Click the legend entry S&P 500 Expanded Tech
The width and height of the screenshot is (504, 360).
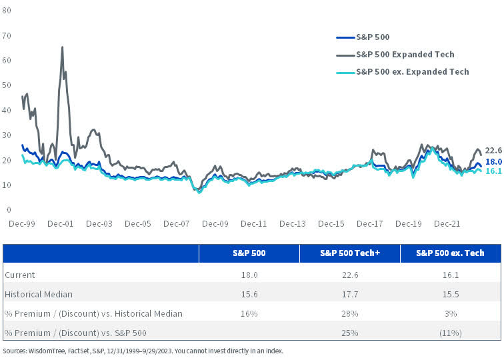click(405, 55)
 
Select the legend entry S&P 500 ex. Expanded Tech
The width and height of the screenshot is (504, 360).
click(412, 71)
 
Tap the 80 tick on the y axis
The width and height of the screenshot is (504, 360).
click(8, 10)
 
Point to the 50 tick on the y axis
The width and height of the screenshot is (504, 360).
click(8, 85)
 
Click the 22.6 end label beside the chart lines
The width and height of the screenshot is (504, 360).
click(494, 151)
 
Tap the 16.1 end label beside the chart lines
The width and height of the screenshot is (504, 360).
click(494, 171)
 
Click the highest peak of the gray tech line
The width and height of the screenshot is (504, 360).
click(62, 48)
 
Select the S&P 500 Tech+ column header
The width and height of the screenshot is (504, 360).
click(349, 253)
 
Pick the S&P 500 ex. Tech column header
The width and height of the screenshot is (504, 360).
click(450, 253)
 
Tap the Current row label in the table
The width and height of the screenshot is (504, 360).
click(19, 275)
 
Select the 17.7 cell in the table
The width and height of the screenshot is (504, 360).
click(349, 294)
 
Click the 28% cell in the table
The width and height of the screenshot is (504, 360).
click(349, 313)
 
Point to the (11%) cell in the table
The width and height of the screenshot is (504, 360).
click(450, 333)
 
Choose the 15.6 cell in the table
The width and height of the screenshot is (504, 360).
click(249, 294)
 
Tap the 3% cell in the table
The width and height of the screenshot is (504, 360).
click(450, 313)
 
